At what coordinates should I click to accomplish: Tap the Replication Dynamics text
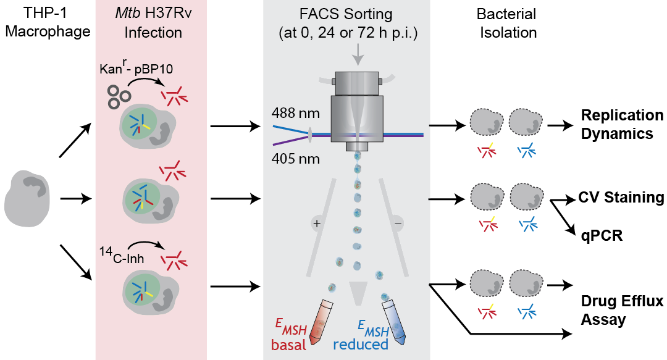[x=622, y=123]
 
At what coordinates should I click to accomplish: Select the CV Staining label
[x=621, y=198]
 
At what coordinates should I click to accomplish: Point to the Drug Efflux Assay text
[x=622, y=311]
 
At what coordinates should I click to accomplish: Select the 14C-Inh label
[x=122, y=256]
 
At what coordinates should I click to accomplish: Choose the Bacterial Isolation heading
[x=507, y=23]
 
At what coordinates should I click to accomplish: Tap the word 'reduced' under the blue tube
[x=361, y=345]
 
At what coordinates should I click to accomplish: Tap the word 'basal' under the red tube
[x=288, y=345]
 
